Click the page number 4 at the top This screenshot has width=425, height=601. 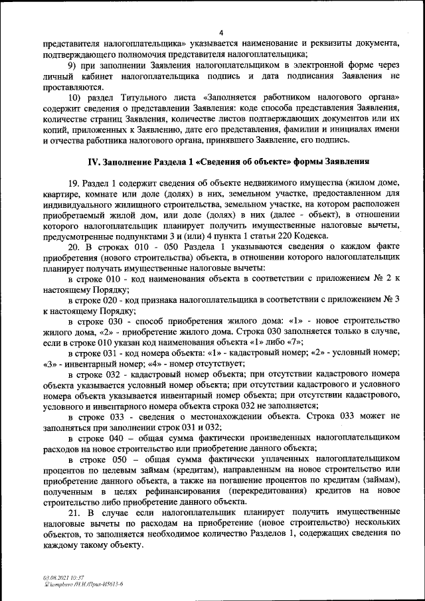tap(220, 33)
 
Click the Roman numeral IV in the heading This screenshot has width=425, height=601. tap(94, 163)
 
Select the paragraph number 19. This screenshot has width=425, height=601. tap(73, 182)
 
